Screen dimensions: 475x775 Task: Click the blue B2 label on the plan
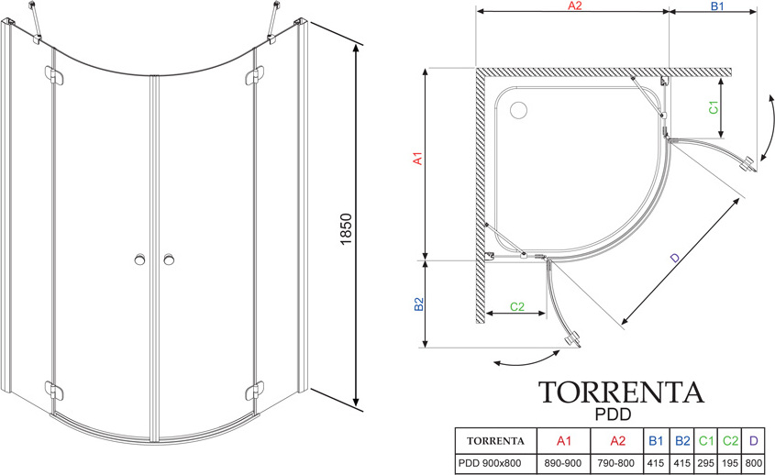(416, 304)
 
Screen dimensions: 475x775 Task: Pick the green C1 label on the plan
(711, 106)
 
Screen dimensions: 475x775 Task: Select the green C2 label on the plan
(516, 305)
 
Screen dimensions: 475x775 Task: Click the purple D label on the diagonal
(675, 260)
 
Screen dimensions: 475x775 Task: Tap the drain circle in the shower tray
(518, 110)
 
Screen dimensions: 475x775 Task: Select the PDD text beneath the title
(621, 414)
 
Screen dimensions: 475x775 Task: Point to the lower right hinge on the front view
(249, 392)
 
